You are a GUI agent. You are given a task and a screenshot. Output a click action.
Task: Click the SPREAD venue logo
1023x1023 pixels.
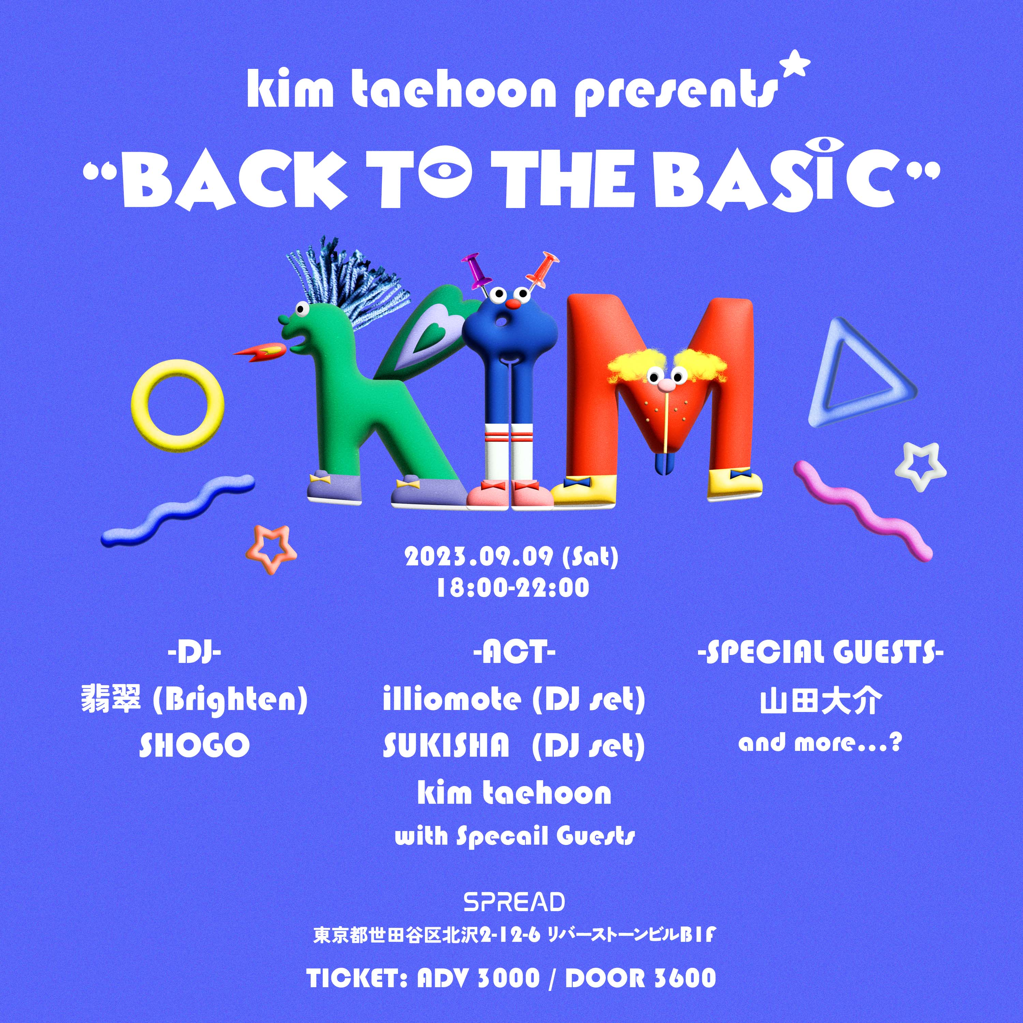point(514,901)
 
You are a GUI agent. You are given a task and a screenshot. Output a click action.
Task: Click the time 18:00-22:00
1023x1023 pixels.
point(513,588)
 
